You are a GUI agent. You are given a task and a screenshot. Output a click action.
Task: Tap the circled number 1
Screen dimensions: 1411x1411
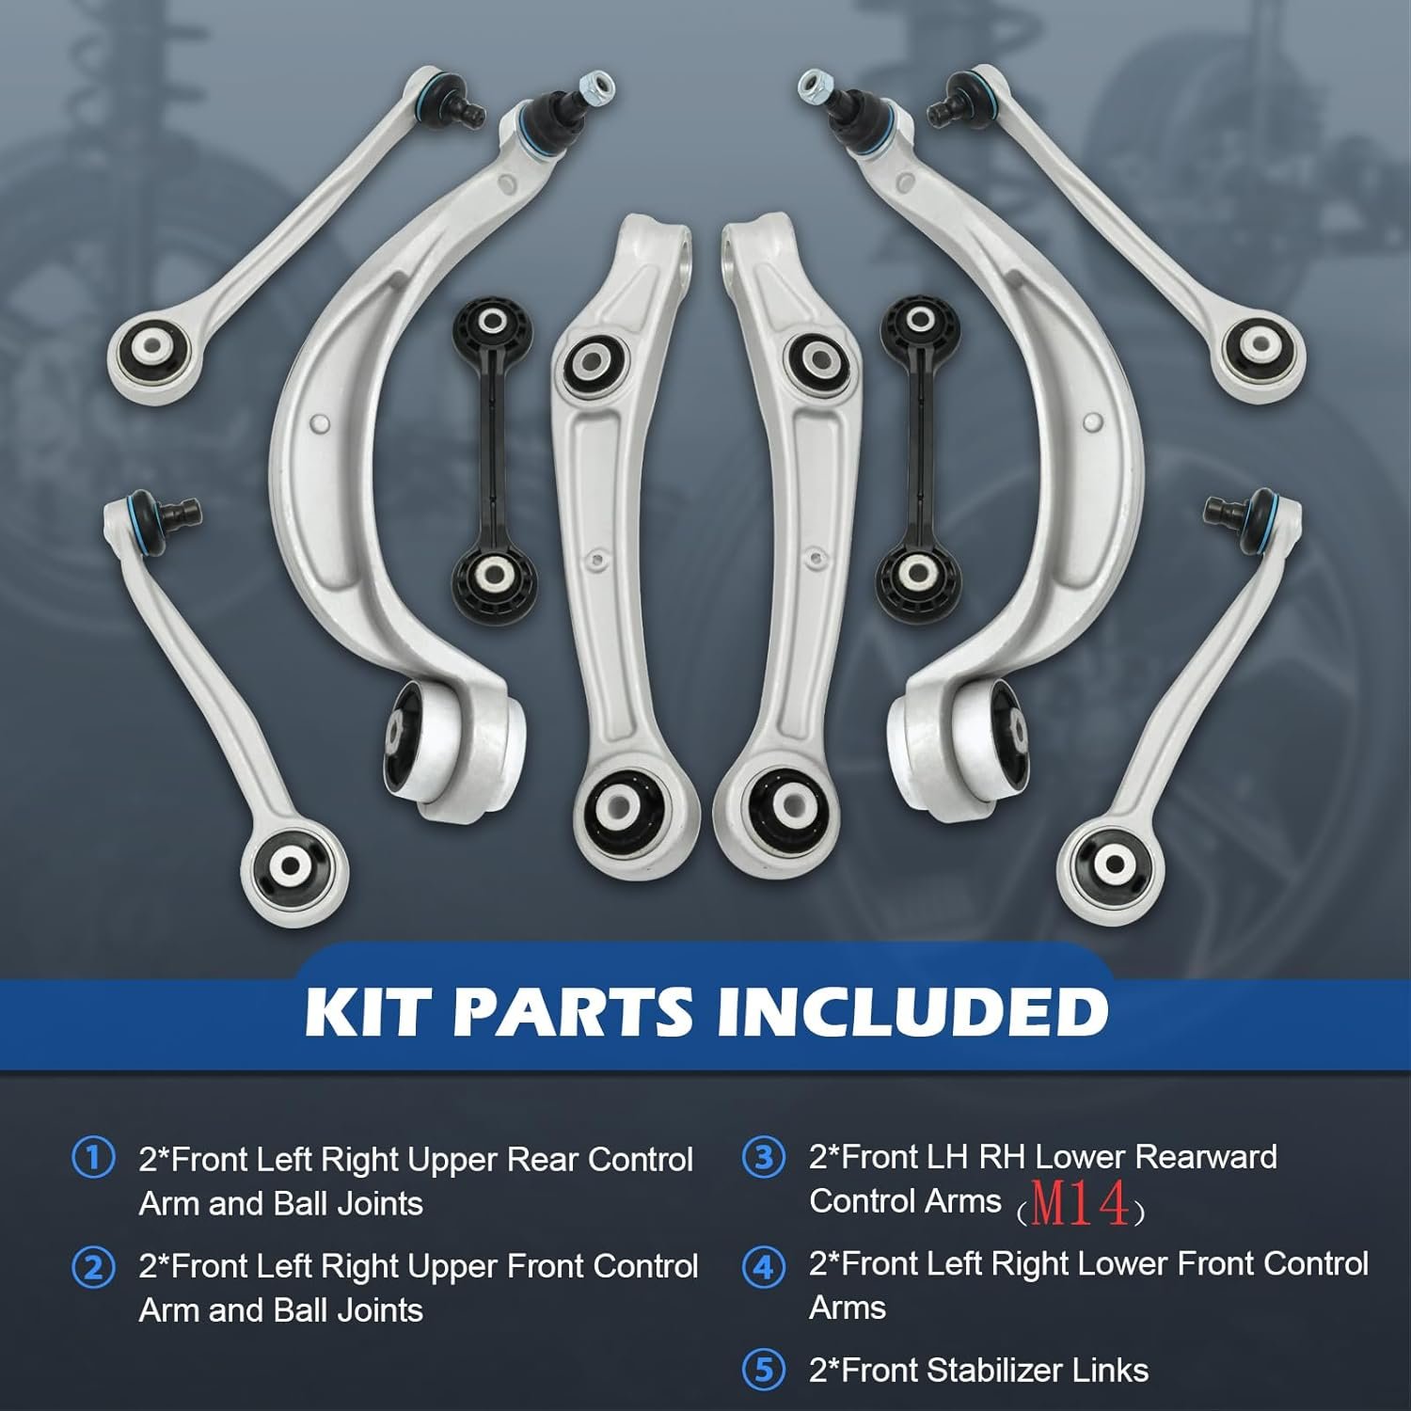tap(93, 1158)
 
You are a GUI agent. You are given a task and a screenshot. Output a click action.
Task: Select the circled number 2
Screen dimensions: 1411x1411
tap(93, 1267)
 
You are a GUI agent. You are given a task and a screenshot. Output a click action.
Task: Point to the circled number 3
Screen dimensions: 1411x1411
tap(763, 1157)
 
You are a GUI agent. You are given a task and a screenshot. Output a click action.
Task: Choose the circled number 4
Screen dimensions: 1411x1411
tap(763, 1267)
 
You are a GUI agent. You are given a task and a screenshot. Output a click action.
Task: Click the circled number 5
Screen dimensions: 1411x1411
tap(763, 1371)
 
